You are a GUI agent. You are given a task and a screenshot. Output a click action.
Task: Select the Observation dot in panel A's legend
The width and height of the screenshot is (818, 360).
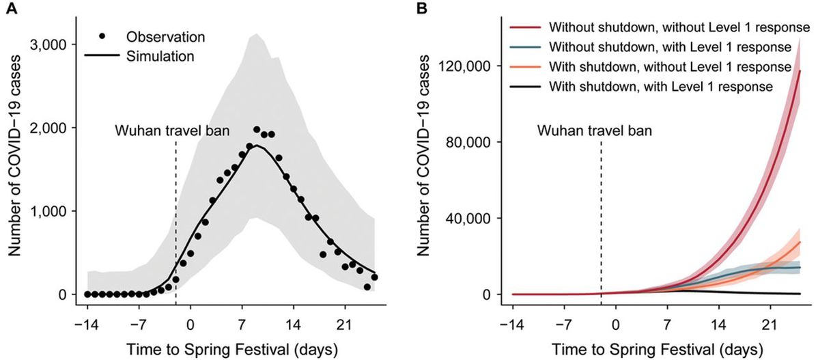click(104, 35)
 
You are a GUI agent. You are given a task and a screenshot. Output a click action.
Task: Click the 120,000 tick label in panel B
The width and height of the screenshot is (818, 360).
click(465, 66)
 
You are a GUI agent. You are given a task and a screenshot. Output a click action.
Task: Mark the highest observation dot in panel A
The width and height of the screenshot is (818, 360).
click(257, 130)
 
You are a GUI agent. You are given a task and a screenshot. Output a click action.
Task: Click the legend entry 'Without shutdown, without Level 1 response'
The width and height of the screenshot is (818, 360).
click(655, 28)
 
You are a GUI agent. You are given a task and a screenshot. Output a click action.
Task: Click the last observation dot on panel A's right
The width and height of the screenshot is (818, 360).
click(374, 277)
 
